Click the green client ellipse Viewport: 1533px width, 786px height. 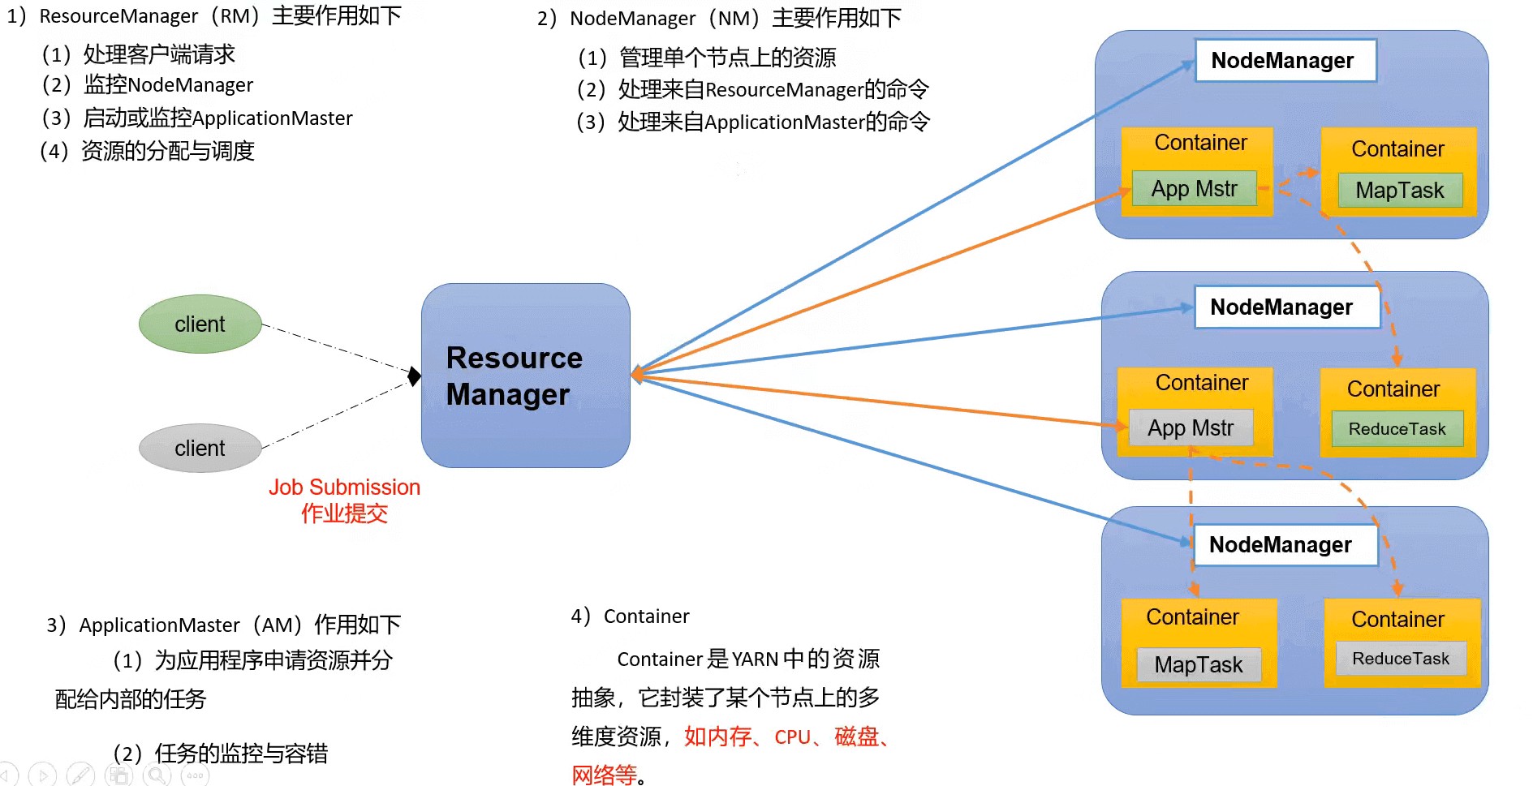[x=200, y=324]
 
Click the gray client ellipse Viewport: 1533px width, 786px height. [x=200, y=448]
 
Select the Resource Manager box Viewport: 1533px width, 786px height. [x=525, y=376]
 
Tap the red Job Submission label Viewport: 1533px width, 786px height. [x=344, y=487]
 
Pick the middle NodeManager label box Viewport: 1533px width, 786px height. [x=1286, y=307]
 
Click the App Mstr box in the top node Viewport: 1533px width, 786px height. [x=1194, y=189]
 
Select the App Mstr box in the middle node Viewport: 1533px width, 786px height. [x=1191, y=428]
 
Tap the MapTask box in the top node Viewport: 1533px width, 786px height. [x=1400, y=191]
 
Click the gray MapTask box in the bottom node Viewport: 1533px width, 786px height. [x=1199, y=665]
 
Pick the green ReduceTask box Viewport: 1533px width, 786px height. [x=1397, y=429]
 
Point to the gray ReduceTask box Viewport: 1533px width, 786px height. [x=1401, y=659]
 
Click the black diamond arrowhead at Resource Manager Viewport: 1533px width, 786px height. [x=415, y=376]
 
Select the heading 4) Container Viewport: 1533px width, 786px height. [x=631, y=616]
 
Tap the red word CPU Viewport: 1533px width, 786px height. [x=792, y=737]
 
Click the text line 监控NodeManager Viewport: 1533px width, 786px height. [x=168, y=85]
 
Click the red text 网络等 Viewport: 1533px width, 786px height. [x=605, y=775]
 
